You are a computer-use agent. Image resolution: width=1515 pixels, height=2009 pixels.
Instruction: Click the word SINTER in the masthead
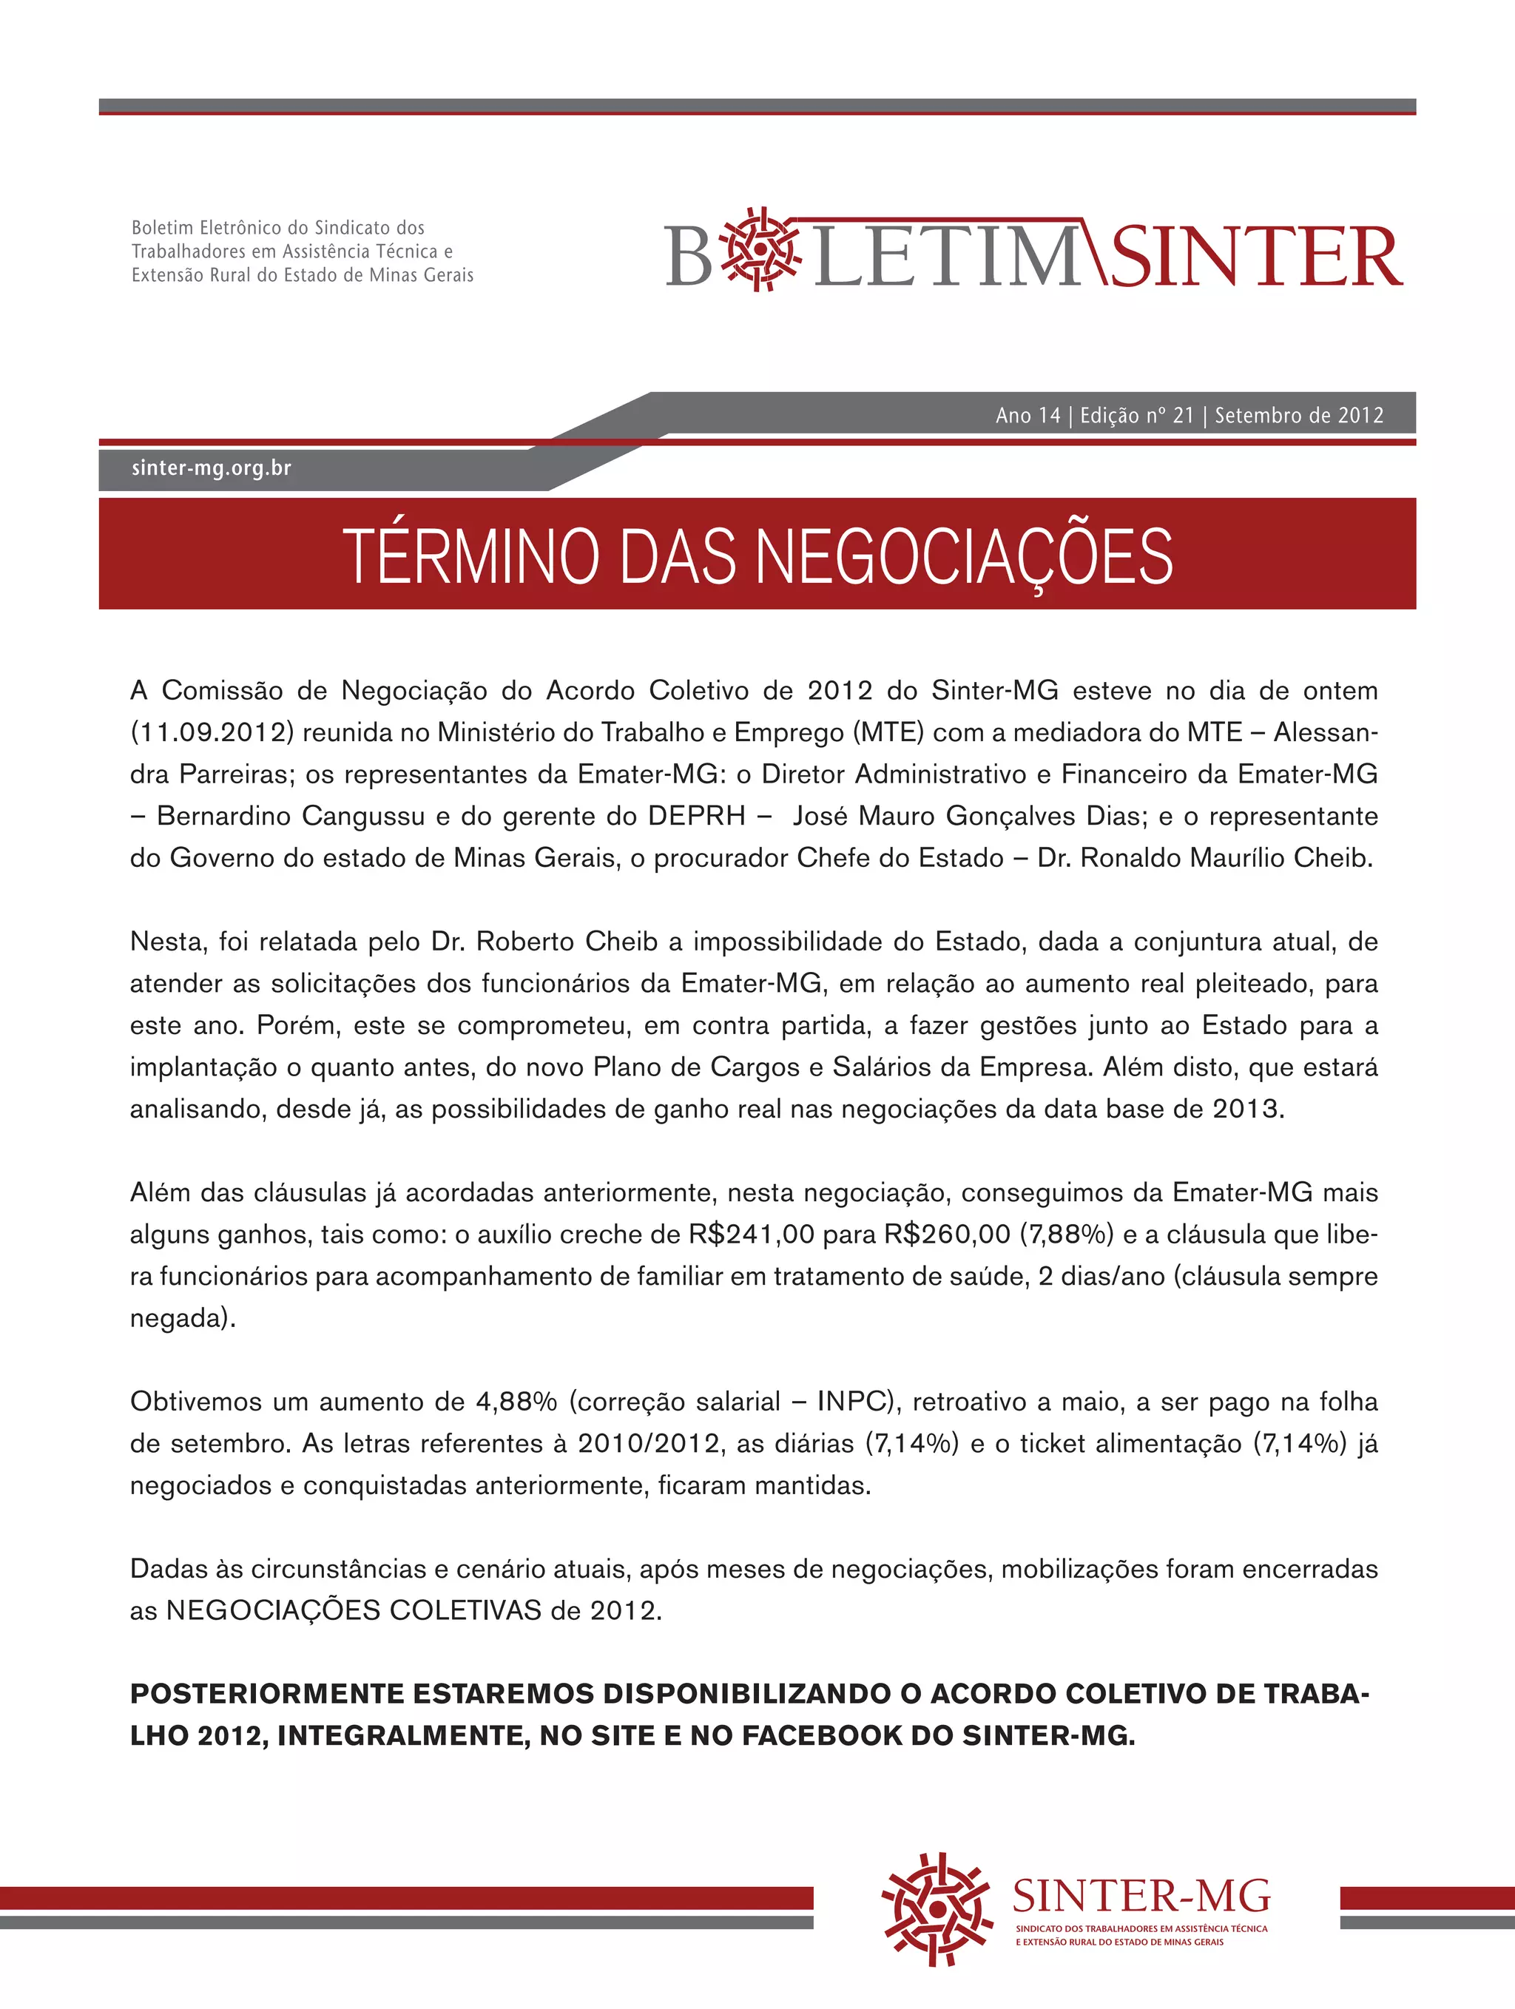coord(1256,256)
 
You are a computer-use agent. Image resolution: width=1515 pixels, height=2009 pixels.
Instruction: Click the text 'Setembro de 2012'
coord(1299,415)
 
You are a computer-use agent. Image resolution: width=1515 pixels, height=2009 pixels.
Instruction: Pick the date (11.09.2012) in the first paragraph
coord(212,732)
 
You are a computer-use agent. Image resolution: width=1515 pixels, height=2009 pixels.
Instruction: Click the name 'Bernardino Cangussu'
coord(291,816)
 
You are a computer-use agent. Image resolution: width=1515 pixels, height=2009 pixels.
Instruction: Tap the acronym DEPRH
coord(696,816)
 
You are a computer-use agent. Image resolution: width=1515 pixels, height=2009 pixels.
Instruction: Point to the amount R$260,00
coord(948,1235)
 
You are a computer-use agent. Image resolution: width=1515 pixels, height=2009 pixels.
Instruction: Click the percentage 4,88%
coord(516,1402)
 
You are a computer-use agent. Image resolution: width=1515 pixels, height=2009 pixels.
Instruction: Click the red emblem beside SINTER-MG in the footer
coord(936,1908)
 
